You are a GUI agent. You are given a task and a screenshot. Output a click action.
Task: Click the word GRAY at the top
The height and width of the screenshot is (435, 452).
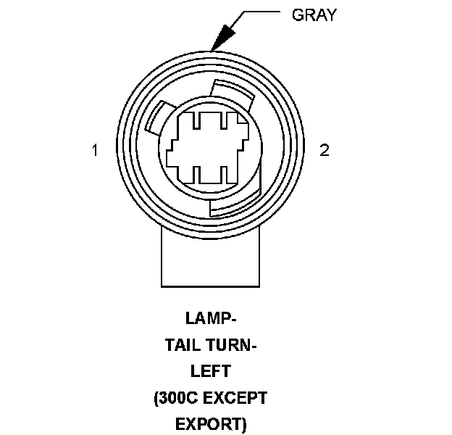[314, 14]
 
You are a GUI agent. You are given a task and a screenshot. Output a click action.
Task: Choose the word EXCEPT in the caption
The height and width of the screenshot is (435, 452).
[237, 397]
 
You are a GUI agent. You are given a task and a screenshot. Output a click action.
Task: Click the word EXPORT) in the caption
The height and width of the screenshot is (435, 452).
[211, 423]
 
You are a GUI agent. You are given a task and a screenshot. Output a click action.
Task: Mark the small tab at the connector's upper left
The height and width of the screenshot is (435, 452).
[156, 119]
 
